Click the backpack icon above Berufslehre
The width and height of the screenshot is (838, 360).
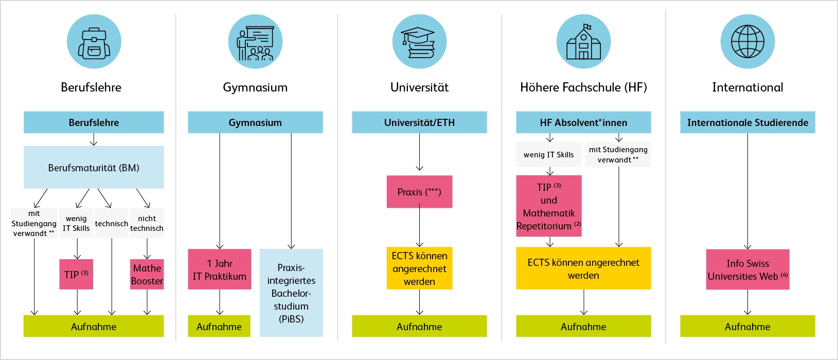click(x=94, y=42)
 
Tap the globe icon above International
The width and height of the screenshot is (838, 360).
click(x=747, y=42)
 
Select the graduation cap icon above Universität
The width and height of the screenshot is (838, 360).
click(x=419, y=42)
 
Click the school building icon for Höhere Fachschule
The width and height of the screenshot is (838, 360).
click(x=583, y=42)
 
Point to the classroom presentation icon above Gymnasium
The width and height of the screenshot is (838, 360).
click(x=255, y=42)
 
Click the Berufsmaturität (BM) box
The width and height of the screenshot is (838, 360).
click(x=94, y=168)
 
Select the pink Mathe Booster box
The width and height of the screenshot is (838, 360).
click(x=147, y=274)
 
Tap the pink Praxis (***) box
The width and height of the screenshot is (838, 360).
click(x=419, y=192)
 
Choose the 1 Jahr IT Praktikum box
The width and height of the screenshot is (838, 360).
click(x=220, y=269)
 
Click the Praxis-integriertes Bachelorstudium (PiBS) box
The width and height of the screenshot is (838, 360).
click(x=291, y=293)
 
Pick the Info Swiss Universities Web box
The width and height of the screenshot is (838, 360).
click(x=747, y=269)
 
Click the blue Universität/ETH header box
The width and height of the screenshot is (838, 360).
click(x=419, y=122)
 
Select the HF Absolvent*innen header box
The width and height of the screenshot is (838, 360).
click(x=583, y=122)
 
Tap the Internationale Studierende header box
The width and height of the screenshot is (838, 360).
click(x=747, y=122)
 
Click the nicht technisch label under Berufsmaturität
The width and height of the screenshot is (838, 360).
click(x=147, y=223)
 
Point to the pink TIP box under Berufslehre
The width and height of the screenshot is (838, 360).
click(x=76, y=274)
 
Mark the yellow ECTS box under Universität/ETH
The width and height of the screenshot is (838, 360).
click(x=419, y=268)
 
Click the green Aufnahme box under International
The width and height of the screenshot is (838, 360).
click(x=747, y=327)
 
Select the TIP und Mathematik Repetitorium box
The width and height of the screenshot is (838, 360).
click(x=549, y=206)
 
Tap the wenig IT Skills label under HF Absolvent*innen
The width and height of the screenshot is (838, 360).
click(x=548, y=155)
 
